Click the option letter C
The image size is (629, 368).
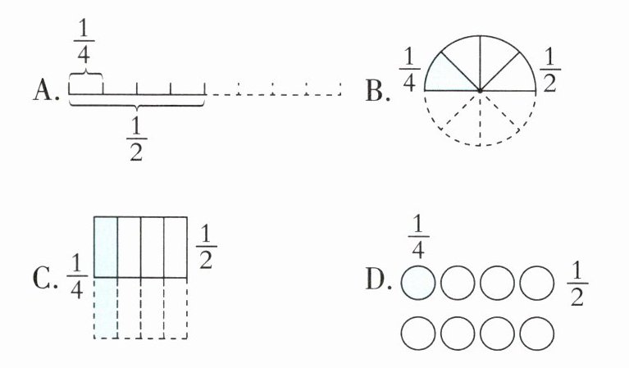click(44, 278)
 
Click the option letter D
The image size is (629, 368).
click(376, 279)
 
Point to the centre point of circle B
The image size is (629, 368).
click(481, 89)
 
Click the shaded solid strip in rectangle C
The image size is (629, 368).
click(107, 247)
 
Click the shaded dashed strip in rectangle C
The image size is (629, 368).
click(107, 307)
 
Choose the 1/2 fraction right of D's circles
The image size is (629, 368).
click(577, 284)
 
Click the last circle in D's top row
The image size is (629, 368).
click(537, 284)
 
